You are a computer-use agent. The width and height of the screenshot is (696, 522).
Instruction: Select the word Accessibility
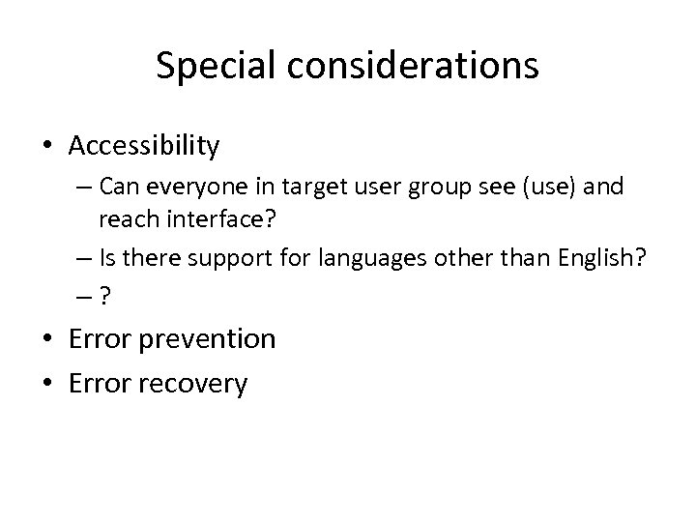coord(144,146)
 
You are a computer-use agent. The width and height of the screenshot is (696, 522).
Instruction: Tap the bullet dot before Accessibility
coord(48,147)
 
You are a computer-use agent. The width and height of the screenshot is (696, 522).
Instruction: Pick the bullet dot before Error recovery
coord(48,384)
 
